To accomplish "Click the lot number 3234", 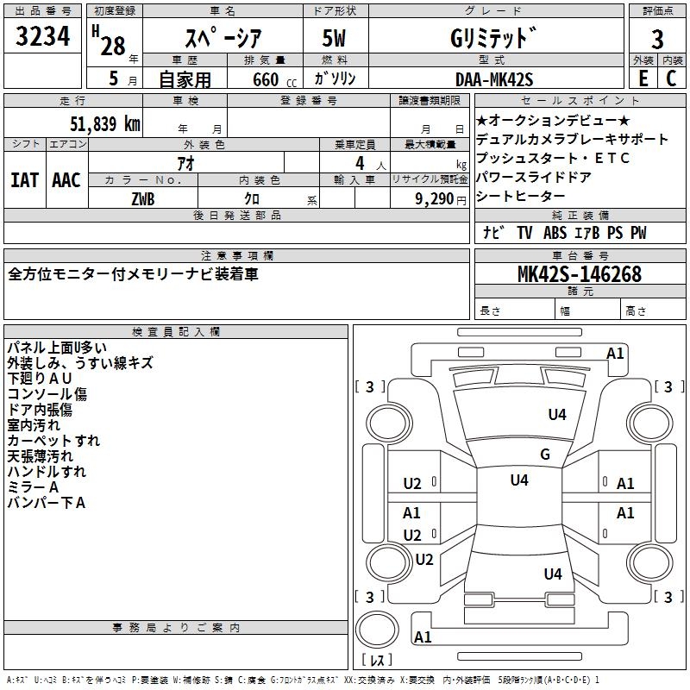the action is (42, 36).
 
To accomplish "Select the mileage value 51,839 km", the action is (105, 124).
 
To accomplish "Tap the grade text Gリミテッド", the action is (493, 38).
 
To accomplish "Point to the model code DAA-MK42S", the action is (494, 79).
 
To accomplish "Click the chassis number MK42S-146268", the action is (580, 274).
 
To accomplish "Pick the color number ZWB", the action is (143, 199).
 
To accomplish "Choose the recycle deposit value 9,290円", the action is (441, 199).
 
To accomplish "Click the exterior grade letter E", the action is (643, 78).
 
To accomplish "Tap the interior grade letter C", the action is (671, 78).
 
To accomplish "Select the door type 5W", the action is (334, 38).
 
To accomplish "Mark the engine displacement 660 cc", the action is (274, 79).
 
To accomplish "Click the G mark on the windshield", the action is (545, 454).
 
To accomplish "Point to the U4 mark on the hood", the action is (557, 414).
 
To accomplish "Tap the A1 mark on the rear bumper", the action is (423, 637).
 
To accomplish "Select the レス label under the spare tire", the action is (377, 660).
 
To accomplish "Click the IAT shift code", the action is (25, 180).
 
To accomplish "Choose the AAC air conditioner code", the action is (66, 180).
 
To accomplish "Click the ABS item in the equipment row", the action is (555, 232).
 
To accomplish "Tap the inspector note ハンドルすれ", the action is (47, 472).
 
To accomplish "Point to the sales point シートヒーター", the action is (520, 197).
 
